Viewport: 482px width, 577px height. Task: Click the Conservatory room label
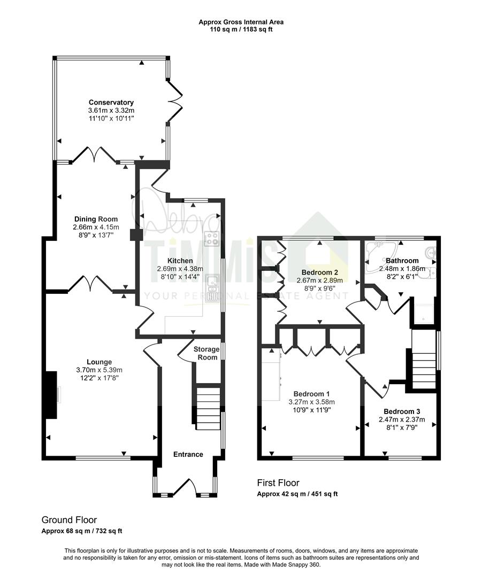point(111,102)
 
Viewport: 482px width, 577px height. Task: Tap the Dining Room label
point(96,220)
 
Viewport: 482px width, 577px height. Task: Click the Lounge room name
point(99,362)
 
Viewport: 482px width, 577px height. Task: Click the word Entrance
point(188,455)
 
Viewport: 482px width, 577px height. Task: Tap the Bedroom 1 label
point(311,394)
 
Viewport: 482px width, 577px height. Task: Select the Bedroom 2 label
point(319,272)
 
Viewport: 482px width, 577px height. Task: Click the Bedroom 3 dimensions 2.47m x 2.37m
point(402,419)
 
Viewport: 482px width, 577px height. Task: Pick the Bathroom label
point(402,261)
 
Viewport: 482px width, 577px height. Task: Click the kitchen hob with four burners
point(211,238)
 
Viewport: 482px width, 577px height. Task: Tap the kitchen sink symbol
point(212,288)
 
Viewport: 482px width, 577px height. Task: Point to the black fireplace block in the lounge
point(51,395)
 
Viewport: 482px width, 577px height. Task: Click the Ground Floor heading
point(69,520)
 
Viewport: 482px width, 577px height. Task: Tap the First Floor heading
point(278,483)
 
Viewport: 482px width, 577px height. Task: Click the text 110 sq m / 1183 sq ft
point(241,29)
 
